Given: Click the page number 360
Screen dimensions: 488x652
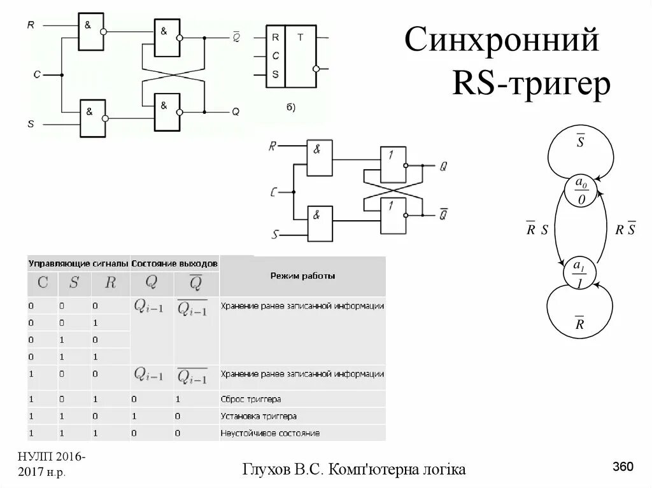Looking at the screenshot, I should tap(623, 468).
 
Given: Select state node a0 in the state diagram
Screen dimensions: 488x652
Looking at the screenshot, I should tap(581, 192).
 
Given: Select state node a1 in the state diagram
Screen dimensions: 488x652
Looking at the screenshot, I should tap(579, 274).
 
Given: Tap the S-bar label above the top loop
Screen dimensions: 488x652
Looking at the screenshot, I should tap(580, 141).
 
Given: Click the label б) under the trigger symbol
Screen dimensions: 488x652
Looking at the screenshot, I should tap(290, 106).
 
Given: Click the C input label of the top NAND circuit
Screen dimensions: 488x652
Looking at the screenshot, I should tap(37, 74).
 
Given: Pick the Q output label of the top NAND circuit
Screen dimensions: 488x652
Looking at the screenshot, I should tap(235, 111).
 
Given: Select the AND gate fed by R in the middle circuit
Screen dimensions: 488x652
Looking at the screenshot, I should tap(319, 158).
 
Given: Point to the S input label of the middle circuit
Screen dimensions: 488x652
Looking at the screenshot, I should tap(275, 235).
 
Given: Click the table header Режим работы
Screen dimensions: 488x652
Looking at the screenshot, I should tap(302, 276).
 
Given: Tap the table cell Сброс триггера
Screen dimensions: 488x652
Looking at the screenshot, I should tap(251, 399).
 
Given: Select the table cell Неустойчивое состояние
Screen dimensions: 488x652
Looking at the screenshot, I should tap(270, 433).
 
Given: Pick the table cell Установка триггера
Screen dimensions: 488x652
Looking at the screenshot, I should tap(259, 416).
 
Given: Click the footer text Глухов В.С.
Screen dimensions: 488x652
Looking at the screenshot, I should tap(286, 469).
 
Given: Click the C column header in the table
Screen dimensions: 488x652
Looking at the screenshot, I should tap(43, 283).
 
